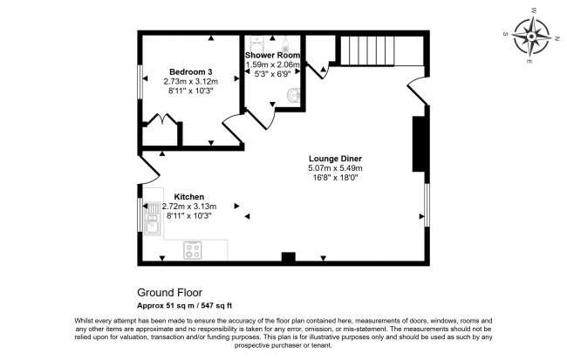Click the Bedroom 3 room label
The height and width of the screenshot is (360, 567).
point(191,71)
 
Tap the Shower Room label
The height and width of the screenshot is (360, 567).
point(272,55)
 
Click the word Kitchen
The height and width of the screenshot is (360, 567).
point(189,196)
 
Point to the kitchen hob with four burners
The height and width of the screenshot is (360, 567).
point(193,250)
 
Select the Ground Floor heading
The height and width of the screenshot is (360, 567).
point(170,294)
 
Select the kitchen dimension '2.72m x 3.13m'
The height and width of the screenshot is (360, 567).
point(187,206)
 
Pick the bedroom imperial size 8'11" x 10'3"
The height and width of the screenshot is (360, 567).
point(190,90)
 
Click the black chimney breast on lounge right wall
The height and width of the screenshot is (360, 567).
point(419,143)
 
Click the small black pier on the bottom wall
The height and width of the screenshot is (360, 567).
point(286,257)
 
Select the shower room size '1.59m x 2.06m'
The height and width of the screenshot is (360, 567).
point(272,65)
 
